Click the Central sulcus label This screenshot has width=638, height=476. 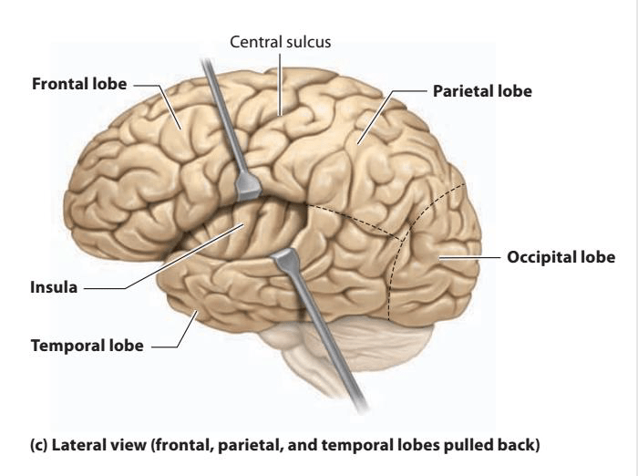pyautogui.click(x=281, y=42)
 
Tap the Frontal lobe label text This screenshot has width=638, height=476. pyautogui.click(x=79, y=84)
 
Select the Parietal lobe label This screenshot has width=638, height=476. pyautogui.click(x=482, y=91)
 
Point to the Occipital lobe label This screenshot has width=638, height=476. pyautogui.click(x=561, y=257)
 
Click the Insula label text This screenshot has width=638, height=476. pyautogui.click(x=54, y=287)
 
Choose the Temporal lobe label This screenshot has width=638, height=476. pyautogui.click(x=87, y=346)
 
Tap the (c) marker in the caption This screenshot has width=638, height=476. pyautogui.click(x=38, y=445)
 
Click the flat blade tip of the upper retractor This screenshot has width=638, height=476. pyautogui.click(x=247, y=187)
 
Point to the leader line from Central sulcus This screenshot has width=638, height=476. pyautogui.click(x=280, y=84)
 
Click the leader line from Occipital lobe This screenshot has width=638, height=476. pyautogui.click(x=469, y=257)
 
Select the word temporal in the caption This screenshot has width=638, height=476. pyautogui.click(x=354, y=445)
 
